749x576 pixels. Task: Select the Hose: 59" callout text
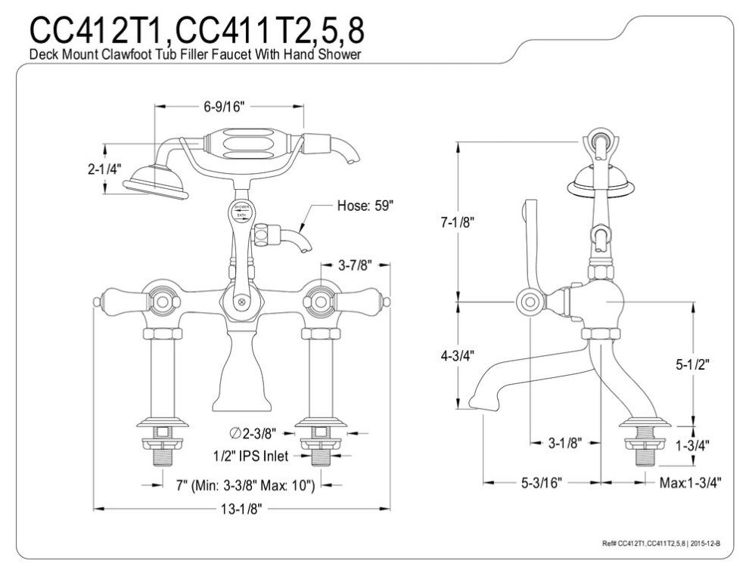[366, 207]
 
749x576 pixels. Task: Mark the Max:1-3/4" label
[688, 482]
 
